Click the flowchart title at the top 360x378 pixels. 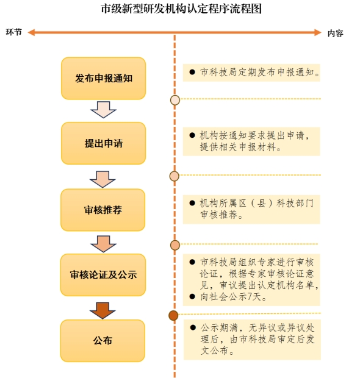tap(181, 9)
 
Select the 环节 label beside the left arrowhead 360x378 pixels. tap(14, 32)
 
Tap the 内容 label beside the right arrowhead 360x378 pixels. tap(336, 34)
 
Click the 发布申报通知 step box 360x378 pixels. tap(104, 79)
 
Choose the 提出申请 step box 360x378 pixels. tap(104, 143)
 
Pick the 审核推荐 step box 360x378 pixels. tap(103, 210)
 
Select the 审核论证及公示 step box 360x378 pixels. tap(103, 275)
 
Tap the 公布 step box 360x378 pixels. tap(103, 341)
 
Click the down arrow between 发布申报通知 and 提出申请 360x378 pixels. tap(104, 110)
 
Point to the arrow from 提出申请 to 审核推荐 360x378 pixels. tap(103, 179)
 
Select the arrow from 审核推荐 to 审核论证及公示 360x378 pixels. tap(104, 244)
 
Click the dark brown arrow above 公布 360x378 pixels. tap(103, 311)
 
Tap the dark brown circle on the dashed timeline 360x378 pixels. tap(173, 316)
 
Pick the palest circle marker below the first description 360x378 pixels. tap(175, 100)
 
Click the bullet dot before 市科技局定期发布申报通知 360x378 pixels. tap(192, 72)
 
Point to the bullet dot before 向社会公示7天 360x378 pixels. tap(192, 296)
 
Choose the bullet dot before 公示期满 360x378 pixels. tap(193, 327)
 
